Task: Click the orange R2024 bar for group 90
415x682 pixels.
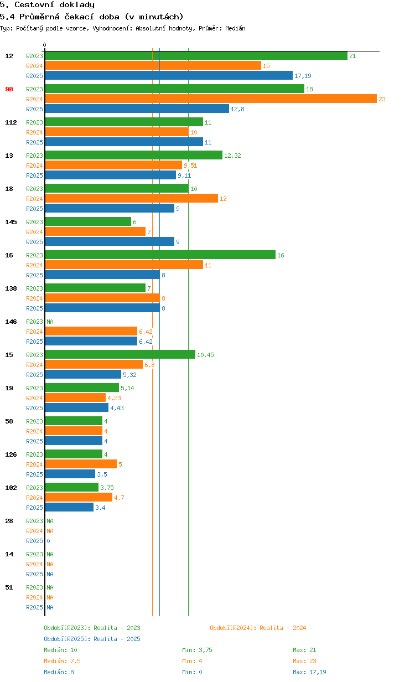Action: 210,99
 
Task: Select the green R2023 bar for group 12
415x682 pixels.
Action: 196,55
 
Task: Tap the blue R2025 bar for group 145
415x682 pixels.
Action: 110,241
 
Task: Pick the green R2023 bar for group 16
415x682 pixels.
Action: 160,255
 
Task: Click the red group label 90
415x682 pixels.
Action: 9,89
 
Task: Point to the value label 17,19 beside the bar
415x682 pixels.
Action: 303,76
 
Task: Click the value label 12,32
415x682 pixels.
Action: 232,156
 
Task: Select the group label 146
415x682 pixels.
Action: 11,322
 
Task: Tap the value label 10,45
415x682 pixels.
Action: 205,355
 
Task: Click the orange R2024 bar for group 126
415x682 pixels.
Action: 81,464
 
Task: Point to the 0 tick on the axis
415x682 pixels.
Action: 45,45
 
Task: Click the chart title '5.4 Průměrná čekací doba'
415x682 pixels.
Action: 91,17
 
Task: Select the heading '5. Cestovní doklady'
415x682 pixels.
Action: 47,5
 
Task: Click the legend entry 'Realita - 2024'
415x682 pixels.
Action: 258,628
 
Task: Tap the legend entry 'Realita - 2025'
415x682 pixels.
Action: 92,639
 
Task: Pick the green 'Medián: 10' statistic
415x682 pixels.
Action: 60,650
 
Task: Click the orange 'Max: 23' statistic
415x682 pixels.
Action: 304,661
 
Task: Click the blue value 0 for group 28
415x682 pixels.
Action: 48,541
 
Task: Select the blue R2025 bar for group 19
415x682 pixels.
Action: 76,407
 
